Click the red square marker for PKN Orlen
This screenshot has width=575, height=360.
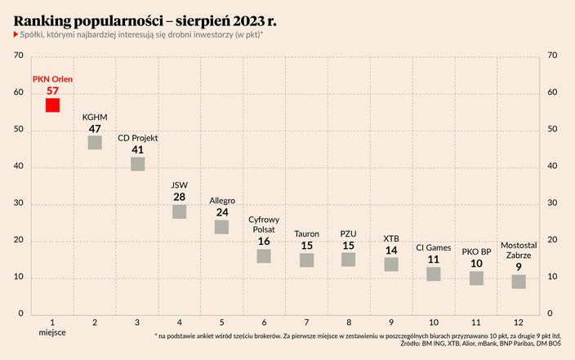tap(52, 105)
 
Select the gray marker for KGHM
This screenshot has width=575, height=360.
tap(95, 143)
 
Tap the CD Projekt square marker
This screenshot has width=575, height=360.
tap(137, 164)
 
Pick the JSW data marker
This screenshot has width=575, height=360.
tap(180, 211)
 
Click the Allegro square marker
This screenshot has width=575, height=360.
tap(221, 227)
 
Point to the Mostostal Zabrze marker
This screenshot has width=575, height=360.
tap(519, 282)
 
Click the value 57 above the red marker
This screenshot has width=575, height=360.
tap(52, 91)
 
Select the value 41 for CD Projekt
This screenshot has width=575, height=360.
tap(137, 150)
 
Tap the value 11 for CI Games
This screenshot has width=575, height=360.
tap(434, 260)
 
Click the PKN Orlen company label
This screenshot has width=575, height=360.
tap(52, 79)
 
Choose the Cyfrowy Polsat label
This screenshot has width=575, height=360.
tap(264, 224)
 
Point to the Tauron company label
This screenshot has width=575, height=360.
tap(306, 233)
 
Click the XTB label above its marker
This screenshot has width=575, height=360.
tap(391, 238)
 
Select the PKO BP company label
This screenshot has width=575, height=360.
tap(476, 252)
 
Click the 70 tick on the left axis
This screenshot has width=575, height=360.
tap(18, 56)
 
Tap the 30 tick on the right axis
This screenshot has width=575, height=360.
tap(552, 203)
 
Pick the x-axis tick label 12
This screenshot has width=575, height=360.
tap(519, 323)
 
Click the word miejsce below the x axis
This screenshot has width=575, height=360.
tap(52, 334)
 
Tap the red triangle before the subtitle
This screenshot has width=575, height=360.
tap(16, 33)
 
